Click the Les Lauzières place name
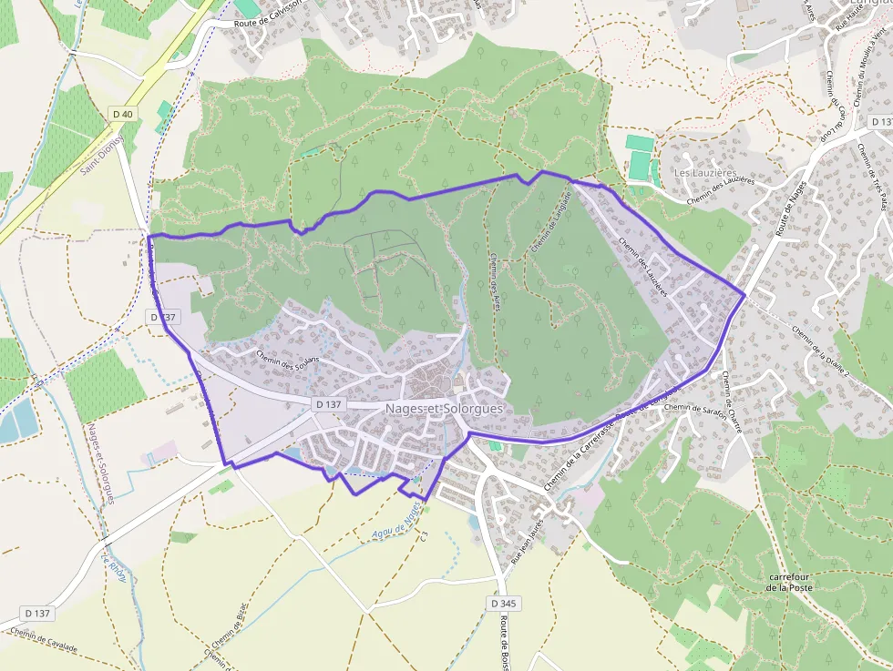tap(704, 172)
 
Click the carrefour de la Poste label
tap(789, 582)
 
